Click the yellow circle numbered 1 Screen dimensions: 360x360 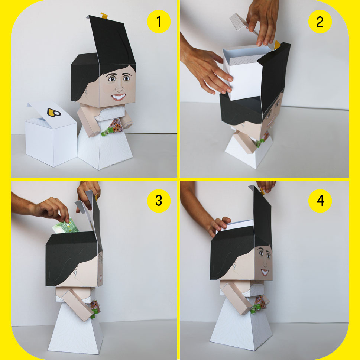point(159,22)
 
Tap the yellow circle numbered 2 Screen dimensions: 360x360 point(320,22)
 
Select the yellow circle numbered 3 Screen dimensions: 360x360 point(159,201)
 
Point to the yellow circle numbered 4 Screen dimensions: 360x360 point(320,201)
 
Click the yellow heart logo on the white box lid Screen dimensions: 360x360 point(54,112)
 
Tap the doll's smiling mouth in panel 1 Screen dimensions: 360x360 point(119,97)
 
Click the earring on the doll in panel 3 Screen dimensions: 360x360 point(75,273)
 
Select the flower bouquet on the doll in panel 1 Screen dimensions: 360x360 point(116,126)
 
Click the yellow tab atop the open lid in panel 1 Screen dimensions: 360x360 point(104,16)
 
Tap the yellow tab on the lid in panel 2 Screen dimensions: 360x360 point(278,45)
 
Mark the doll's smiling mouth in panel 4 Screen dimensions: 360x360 point(265,272)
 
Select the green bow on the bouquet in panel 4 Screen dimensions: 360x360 point(255,309)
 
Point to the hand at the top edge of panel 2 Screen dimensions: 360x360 point(262,21)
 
